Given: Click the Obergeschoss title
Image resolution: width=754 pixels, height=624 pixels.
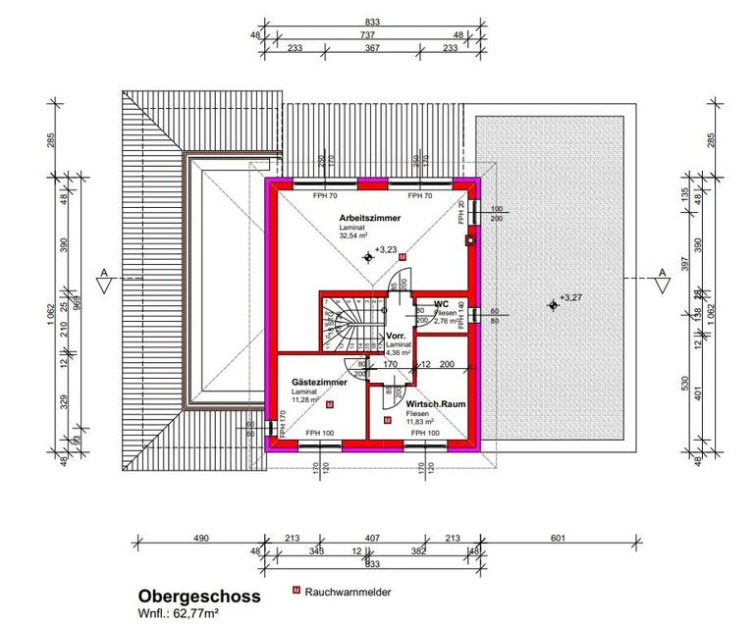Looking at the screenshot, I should (x=198, y=596).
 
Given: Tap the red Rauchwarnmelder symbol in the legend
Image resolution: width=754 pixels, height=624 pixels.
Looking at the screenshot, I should (x=296, y=592).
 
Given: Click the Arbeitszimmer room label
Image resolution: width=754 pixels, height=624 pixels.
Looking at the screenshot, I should (x=370, y=218).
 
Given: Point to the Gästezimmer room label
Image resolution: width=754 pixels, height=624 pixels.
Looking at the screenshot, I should (x=319, y=382).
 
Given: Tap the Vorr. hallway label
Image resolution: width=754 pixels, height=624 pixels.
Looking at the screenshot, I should (x=397, y=336).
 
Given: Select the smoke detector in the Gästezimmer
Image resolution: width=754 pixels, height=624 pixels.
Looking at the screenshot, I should (x=329, y=404).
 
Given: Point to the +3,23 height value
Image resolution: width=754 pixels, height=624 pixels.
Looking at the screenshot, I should (x=385, y=251).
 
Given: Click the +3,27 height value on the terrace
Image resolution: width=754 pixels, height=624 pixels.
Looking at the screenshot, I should (x=570, y=297).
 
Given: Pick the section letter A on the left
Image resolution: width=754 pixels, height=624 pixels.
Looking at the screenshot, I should (x=101, y=271).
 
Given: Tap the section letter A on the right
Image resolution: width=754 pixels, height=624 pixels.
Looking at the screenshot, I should (x=662, y=271).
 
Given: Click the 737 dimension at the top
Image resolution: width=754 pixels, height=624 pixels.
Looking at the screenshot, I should (x=366, y=33).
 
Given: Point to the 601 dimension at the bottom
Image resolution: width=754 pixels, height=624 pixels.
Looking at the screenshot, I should (x=559, y=537).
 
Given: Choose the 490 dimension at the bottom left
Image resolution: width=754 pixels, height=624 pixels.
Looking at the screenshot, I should (x=200, y=537).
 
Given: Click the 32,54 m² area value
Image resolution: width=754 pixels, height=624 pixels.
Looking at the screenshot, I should (x=354, y=236).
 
